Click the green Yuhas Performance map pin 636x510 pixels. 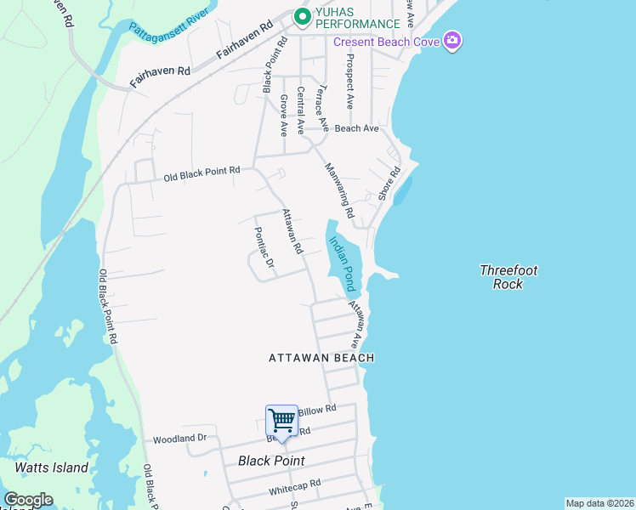[301, 16]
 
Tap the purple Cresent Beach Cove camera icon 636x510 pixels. [453, 41]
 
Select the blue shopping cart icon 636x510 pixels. [281, 419]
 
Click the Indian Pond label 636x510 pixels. [342, 263]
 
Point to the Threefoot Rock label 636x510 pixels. [508, 277]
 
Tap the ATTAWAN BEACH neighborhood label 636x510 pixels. [321, 358]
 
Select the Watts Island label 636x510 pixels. [52, 467]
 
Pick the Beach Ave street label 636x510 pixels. [356, 128]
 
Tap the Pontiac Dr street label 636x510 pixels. [264, 247]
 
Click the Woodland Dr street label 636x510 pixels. [179, 439]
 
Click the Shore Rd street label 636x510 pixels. [390, 183]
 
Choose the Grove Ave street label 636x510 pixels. [283, 116]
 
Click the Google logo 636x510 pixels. [27, 500]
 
